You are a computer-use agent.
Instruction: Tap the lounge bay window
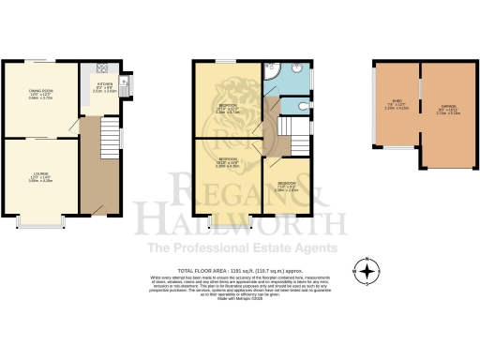point(40,223)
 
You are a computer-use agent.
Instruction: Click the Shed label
point(397,103)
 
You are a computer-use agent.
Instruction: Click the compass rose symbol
point(367,273)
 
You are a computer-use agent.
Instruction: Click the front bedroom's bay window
point(231,218)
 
